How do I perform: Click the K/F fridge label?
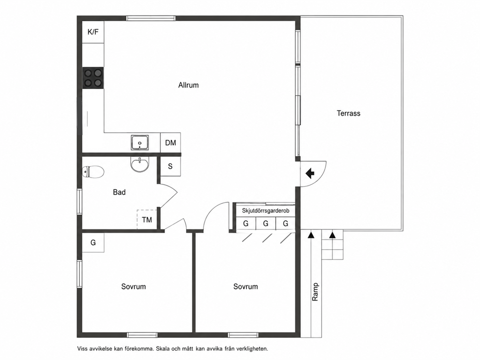[x=93, y=32]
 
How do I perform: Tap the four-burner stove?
[x=93, y=78]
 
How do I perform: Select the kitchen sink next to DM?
[x=140, y=143]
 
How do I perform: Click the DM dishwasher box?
[x=170, y=142]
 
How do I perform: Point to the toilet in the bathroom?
[x=93, y=172]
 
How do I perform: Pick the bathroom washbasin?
[x=139, y=165]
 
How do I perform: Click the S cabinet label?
[x=170, y=166]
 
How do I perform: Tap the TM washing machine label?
[x=147, y=220]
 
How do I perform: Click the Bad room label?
[x=120, y=192]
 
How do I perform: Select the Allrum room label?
[x=189, y=85]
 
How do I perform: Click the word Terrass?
[x=348, y=113]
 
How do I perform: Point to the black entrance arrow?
[x=310, y=173]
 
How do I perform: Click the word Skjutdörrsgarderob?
[x=266, y=210]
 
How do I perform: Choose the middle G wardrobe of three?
[x=266, y=224]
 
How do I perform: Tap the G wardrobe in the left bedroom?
[x=93, y=242]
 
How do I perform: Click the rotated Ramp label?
[x=315, y=292]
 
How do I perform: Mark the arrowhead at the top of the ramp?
[x=311, y=236]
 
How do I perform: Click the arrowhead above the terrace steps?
[x=332, y=236]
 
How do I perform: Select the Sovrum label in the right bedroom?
[x=245, y=286]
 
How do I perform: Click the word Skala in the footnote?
[x=163, y=348]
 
